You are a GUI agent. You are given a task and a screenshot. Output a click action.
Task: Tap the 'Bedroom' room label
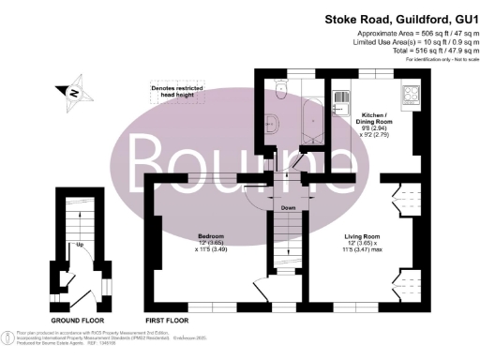tap(209, 235)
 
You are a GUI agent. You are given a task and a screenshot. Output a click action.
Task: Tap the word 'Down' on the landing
tap(289, 208)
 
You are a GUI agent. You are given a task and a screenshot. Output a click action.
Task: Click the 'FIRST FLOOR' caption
tap(168, 307)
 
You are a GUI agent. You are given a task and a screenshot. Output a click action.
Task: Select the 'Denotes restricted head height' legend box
tap(176, 91)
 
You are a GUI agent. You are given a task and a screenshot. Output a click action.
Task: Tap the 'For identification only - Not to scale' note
tap(435, 60)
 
